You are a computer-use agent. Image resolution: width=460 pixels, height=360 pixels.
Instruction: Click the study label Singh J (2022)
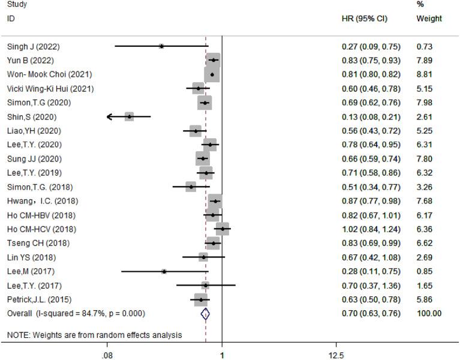click(x=33, y=46)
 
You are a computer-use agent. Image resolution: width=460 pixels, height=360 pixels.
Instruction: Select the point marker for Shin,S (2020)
click(x=129, y=116)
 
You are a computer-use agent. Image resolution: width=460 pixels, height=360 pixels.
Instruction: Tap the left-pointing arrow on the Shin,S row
click(x=110, y=116)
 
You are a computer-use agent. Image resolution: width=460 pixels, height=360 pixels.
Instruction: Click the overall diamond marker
click(x=206, y=313)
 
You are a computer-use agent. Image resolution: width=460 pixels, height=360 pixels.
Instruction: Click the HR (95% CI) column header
click(x=364, y=19)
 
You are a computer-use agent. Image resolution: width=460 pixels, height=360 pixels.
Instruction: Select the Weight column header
click(x=429, y=19)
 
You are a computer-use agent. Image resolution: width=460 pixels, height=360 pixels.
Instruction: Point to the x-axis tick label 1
click(x=222, y=355)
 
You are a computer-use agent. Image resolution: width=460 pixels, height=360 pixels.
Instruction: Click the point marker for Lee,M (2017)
click(x=164, y=271)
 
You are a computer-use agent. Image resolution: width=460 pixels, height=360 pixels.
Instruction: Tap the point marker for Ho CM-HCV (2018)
click(x=223, y=229)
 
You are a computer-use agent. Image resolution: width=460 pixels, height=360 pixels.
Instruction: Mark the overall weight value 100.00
click(x=428, y=313)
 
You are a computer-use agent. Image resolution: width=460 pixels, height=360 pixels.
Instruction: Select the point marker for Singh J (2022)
click(x=161, y=46)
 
